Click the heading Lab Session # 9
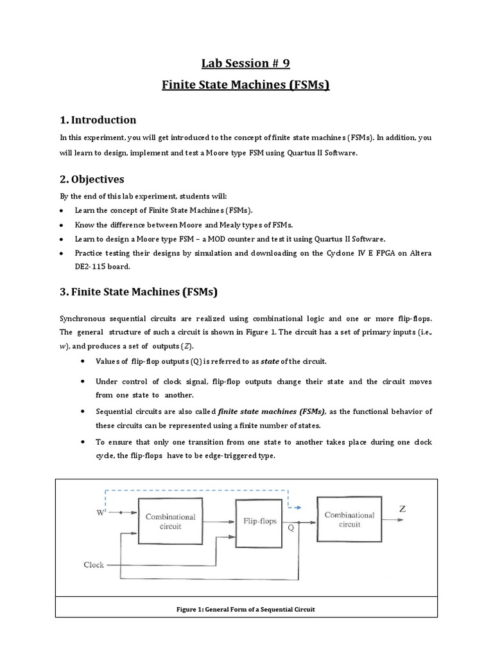click(246, 63)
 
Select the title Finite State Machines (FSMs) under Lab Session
click(246, 84)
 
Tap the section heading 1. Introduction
click(98, 120)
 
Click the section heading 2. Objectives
click(92, 179)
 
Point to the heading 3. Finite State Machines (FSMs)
click(139, 292)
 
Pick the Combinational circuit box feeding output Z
click(349, 519)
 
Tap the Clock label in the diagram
click(94, 565)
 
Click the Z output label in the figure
click(402, 509)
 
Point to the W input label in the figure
click(101, 513)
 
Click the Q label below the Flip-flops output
click(291, 528)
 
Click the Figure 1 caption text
click(246, 609)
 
